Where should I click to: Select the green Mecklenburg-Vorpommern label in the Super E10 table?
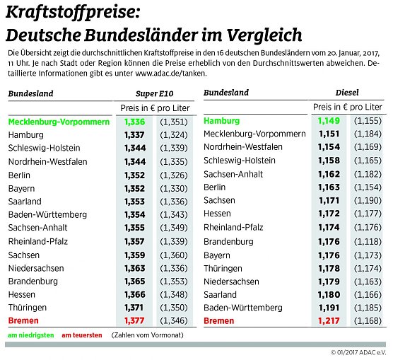pos(59,122)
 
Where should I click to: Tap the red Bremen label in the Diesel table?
pos(219,321)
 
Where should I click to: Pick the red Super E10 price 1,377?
pos(134,321)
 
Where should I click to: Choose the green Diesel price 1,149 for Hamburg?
pos(329,122)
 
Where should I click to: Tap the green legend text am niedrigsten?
pos(30,335)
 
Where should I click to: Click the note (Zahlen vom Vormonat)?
pos(147,335)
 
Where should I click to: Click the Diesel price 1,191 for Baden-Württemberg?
pos(329,308)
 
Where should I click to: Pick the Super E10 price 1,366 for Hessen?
pos(134,294)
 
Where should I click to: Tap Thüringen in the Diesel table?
pos(223,268)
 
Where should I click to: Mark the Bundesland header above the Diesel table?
pos(226,93)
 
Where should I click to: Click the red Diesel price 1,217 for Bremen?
pos(329,321)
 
